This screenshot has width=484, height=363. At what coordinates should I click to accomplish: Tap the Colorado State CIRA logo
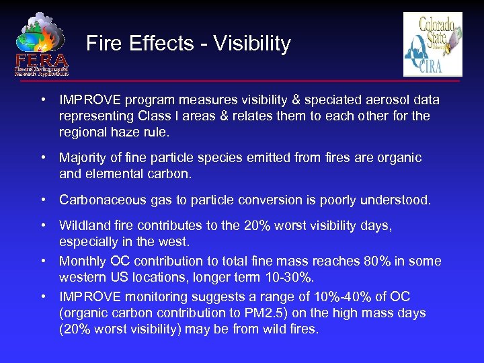coord(433,44)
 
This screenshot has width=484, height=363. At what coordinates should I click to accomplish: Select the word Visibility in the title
coord(252,44)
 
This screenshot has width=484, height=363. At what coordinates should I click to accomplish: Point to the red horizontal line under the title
coord(269,81)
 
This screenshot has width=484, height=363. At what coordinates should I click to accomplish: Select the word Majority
coord(84,158)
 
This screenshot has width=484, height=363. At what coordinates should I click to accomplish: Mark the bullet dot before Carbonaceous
coord(42,200)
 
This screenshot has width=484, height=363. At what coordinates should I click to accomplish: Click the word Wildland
coord(84,226)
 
